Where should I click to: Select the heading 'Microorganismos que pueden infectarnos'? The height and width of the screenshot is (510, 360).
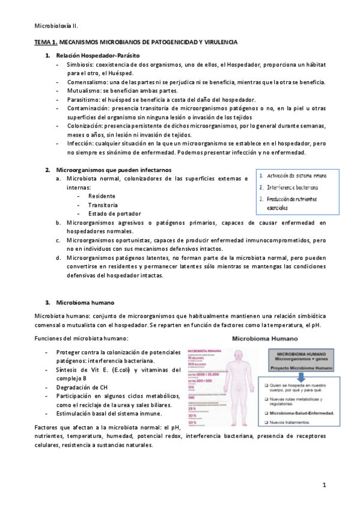[113, 170]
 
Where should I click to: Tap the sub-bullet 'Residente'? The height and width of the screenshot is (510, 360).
[102, 196]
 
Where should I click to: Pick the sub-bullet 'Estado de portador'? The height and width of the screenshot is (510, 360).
[114, 214]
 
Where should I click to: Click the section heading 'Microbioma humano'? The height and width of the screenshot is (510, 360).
[85, 302]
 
